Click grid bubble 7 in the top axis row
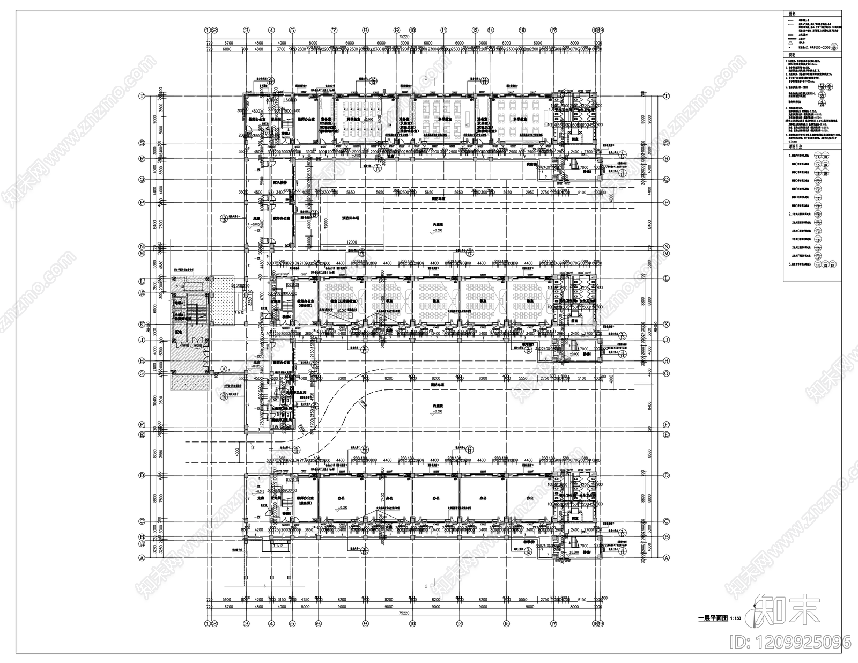[334, 31]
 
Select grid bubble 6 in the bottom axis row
[318, 623]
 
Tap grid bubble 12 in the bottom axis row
[460, 623]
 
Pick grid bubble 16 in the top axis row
[522, 31]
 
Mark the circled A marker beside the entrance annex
[225, 369]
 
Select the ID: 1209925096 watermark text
[798, 641]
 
